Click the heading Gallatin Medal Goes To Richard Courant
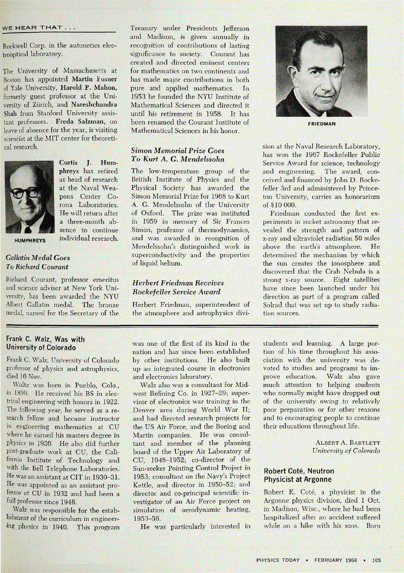tap(37, 262)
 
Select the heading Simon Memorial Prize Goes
tap(177, 150)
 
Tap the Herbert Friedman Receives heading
tap(178, 283)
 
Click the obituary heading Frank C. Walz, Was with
tap(45, 339)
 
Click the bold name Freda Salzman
tap(78, 121)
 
